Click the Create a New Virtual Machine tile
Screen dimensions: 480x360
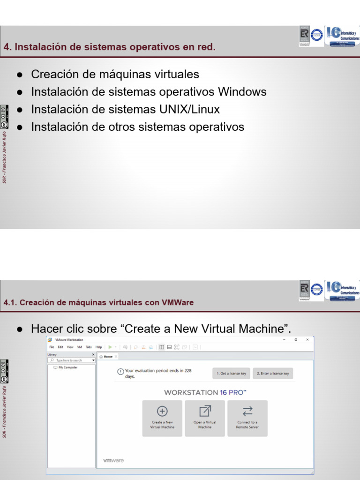coord(162,418)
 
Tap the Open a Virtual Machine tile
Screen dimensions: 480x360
coord(205,418)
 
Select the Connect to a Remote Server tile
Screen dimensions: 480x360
coord(247,418)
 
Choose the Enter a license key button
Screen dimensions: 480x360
coord(273,373)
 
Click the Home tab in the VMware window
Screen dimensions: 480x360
coord(107,356)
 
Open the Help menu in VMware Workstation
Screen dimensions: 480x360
coord(98,347)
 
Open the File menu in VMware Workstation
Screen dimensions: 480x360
coord(52,347)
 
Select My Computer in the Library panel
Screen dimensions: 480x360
coord(67,367)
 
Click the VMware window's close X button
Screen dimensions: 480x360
coord(307,339)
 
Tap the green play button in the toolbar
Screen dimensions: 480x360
coord(110,347)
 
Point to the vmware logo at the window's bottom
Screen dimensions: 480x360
coord(113,460)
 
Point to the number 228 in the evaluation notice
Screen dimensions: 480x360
coord(187,370)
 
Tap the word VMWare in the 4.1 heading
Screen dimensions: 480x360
coord(178,303)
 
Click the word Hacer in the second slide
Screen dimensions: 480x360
coord(47,329)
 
